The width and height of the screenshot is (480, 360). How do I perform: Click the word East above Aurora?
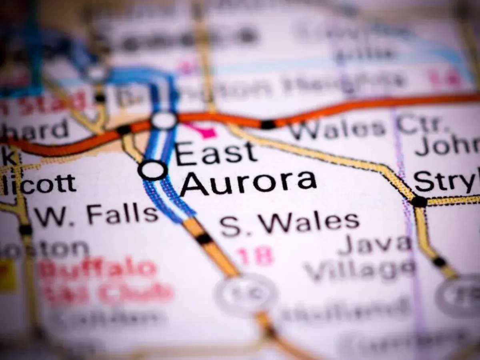pyautogui.click(x=216, y=154)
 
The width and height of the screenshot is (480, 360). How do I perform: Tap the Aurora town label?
pyautogui.click(x=248, y=183)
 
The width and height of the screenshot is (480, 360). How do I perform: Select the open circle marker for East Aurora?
pyautogui.click(x=152, y=170)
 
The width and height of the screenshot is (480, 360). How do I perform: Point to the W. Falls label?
pyautogui.click(x=96, y=215)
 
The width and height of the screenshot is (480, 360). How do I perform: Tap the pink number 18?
pyautogui.click(x=254, y=256)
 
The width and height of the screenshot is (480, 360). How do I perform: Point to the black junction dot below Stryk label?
pyautogui.click(x=419, y=201)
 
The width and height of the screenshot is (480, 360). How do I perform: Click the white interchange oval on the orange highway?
pyautogui.click(x=164, y=120)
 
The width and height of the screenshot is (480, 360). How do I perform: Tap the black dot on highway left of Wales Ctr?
pyautogui.click(x=268, y=124)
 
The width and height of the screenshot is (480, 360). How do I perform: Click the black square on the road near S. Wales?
pyautogui.click(x=204, y=239)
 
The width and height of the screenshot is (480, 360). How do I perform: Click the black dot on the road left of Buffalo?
pyautogui.click(x=25, y=230)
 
